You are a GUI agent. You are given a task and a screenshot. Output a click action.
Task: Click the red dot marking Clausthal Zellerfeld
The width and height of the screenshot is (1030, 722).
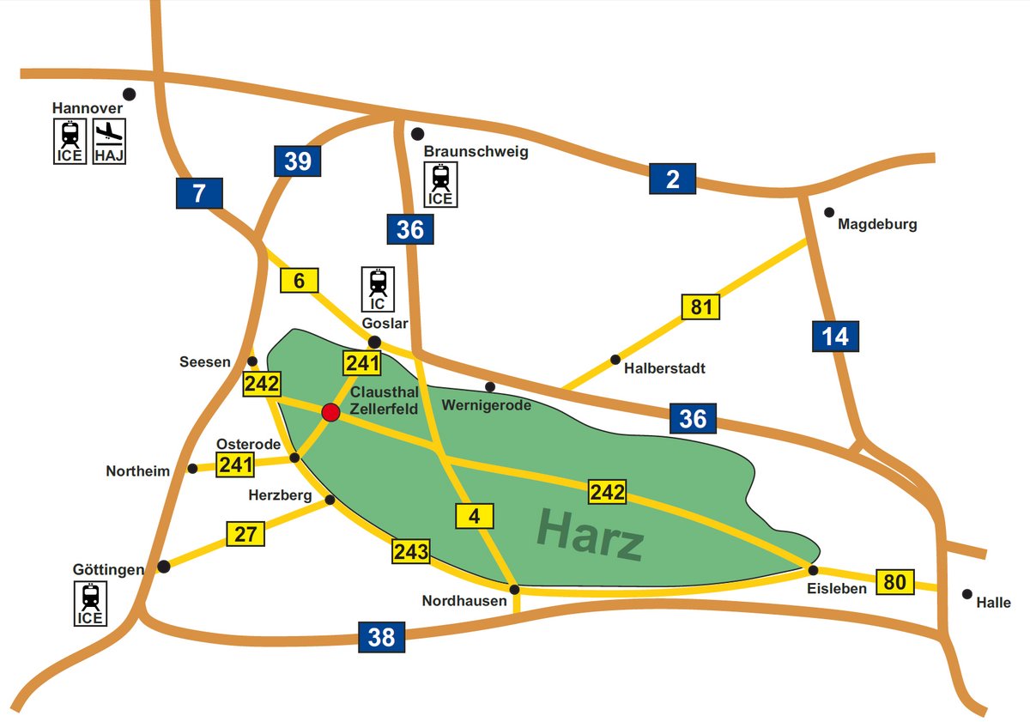[330, 413]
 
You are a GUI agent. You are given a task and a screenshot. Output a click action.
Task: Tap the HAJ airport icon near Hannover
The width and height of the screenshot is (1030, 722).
[109, 141]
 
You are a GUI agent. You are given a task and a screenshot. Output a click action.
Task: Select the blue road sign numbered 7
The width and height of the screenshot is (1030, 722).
[199, 193]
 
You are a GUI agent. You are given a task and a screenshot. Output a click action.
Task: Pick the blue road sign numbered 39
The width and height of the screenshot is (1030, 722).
[297, 161]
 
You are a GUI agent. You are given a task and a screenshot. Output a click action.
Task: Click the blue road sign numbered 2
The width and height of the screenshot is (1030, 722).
[672, 179]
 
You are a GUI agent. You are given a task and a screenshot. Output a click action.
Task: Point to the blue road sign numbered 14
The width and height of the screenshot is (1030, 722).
[835, 337]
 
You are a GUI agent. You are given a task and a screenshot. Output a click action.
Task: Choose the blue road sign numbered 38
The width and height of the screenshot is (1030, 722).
[381, 637]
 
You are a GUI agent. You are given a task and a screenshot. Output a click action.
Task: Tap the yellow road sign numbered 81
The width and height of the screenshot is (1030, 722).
[701, 306]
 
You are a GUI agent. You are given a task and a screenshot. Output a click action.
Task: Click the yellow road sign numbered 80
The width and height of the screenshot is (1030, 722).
[894, 581]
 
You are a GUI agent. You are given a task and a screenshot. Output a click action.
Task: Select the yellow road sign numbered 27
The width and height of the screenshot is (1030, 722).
[245, 533]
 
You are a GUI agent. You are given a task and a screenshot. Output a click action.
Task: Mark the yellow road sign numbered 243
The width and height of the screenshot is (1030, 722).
[410, 551]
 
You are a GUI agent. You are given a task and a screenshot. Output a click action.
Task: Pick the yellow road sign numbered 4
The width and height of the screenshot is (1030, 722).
[475, 517]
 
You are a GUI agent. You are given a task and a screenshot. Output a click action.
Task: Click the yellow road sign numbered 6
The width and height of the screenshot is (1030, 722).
[299, 280]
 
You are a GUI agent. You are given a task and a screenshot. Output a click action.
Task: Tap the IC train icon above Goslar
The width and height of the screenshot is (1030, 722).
[378, 288]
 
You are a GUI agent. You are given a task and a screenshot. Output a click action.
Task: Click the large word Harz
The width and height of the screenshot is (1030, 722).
[590, 533]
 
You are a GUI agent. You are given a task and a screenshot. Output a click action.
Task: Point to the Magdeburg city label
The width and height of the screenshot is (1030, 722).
[877, 225]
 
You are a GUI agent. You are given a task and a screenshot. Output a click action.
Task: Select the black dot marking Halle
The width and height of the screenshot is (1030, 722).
[967, 594]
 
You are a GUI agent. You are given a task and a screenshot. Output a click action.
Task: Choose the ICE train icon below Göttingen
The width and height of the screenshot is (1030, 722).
[90, 604]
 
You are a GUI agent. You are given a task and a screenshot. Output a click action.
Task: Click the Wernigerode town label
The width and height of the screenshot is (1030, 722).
[488, 404]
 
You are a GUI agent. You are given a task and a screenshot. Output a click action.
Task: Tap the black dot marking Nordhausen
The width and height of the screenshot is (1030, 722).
[514, 589]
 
